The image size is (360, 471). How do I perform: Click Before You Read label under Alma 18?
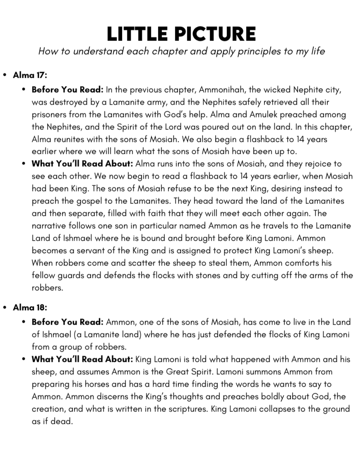pyautogui.click(x=68, y=322)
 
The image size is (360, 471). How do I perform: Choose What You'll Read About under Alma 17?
pyautogui.click(x=82, y=164)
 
